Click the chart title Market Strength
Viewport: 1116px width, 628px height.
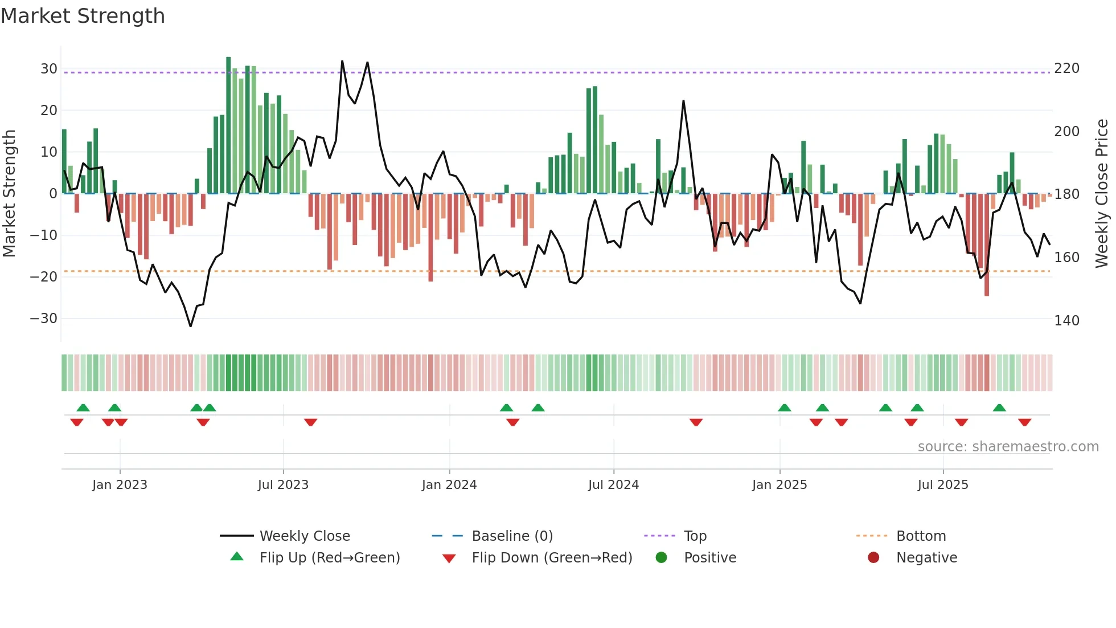[x=83, y=16]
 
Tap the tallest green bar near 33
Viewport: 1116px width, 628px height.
[x=228, y=125]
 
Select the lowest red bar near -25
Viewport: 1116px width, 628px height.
[x=987, y=245]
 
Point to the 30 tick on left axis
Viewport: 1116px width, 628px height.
[x=49, y=69]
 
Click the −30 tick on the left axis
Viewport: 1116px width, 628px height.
[x=44, y=319]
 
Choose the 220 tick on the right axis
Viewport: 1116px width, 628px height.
[x=1066, y=68]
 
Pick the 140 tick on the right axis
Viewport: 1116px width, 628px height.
[x=1066, y=321]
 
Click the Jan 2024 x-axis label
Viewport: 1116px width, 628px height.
[x=449, y=485]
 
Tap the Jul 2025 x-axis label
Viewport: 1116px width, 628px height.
[x=943, y=485]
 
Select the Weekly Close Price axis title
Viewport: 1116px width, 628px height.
[x=1102, y=194]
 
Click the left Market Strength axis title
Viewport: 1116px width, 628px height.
[x=9, y=194]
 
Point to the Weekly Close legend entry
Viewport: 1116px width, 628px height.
[x=305, y=536]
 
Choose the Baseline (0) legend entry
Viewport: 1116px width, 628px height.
[x=512, y=536]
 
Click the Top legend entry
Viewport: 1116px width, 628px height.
[x=695, y=536]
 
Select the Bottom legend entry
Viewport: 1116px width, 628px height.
[x=921, y=536]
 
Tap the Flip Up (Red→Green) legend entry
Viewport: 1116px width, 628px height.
[x=330, y=558]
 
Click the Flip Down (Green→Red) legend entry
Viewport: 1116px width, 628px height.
[x=552, y=558]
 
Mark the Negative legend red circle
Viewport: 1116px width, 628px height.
[x=873, y=558]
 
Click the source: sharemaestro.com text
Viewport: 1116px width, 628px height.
[x=1008, y=447]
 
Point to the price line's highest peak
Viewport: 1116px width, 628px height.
[x=342, y=61]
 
